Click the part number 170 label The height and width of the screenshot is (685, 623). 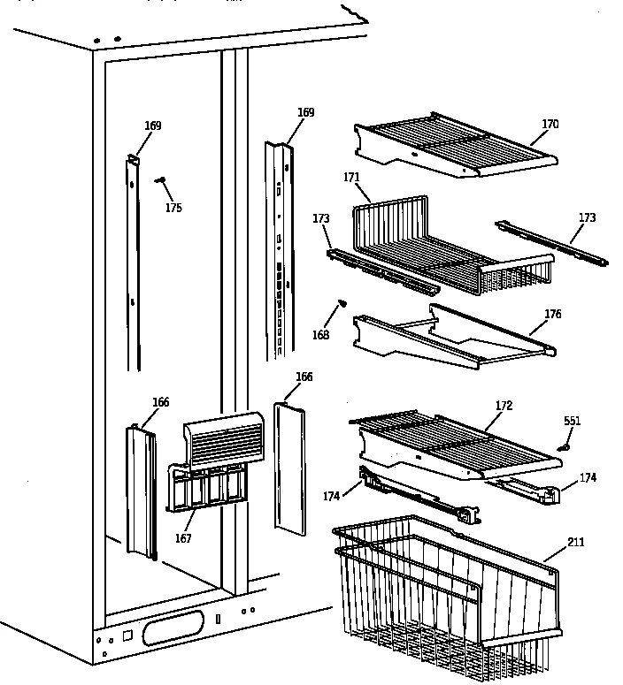550,125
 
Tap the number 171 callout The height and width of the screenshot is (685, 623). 351,178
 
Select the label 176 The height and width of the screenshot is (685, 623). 552,314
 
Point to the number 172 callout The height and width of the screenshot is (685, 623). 504,406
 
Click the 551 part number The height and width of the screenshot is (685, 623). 573,421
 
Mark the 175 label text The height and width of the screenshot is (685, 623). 173,208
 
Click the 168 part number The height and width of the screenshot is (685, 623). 320,335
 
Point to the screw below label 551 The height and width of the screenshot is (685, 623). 562,447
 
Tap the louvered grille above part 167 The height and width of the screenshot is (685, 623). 222,439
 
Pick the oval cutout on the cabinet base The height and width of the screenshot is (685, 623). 177,632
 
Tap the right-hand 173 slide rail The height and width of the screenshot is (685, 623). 552,243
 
